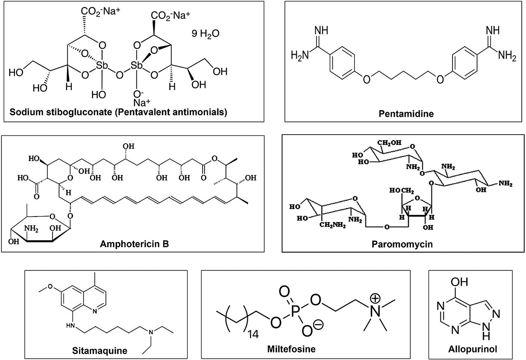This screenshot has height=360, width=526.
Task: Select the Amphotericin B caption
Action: (x=134, y=244)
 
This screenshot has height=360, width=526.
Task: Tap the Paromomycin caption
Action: (x=402, y=244)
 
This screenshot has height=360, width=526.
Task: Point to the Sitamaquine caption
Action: (x=100, y=351)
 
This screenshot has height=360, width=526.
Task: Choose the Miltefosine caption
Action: (x=291, y=349)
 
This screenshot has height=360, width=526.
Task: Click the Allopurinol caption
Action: (x=472, y=349)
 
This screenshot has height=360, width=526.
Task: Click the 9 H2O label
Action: (x=206, y=34)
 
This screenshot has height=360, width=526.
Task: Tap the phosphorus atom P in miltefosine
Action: (x=297, y=310)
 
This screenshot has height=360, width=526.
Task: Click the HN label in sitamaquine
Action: (x=70, y=325)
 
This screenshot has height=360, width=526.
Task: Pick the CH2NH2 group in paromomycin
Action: (x=332, y=225)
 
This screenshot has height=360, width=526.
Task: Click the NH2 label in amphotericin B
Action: (x=31, y=228)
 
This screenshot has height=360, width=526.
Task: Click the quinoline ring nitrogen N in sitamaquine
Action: (x=94, y=311)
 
